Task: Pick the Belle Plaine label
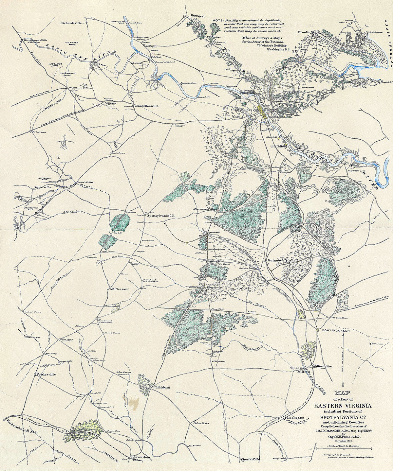(342, 74)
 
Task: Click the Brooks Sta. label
(308, 32)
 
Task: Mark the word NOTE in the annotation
(218, 20)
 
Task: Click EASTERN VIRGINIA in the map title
(343, 406)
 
